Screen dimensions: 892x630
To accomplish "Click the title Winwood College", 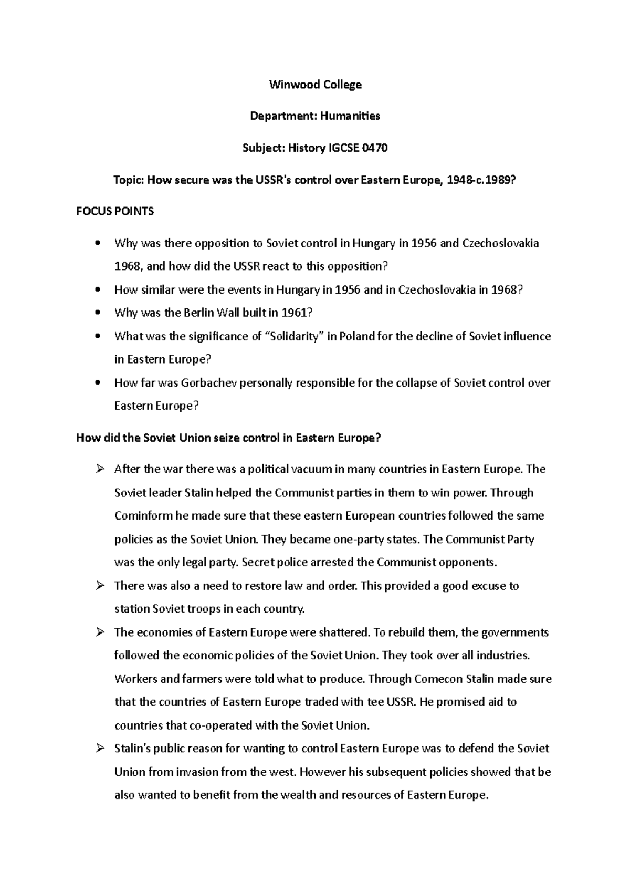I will [x=315, y=85].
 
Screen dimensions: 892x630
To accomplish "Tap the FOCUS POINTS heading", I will [x=115, y=211].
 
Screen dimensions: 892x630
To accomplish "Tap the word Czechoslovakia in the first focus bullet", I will [x=500, y=244].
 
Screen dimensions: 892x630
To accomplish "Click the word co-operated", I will [x=217, y=725].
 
